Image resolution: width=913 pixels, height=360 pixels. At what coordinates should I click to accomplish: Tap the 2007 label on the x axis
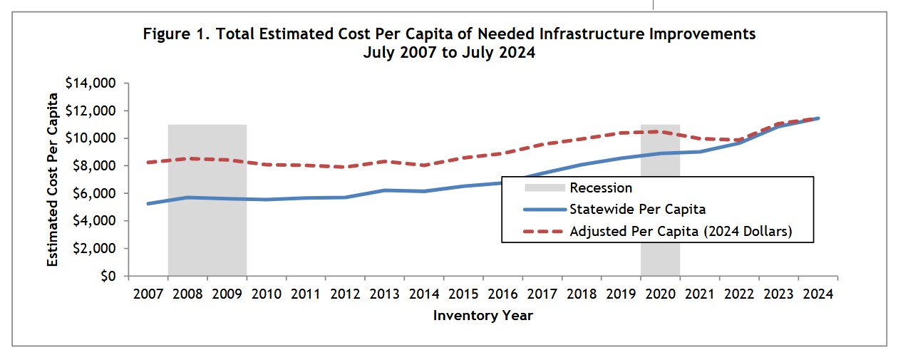[148, 294]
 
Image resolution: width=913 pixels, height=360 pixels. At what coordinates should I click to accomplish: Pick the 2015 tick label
[463, 294]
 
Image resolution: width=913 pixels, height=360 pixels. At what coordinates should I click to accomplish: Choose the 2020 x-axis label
[660, 294]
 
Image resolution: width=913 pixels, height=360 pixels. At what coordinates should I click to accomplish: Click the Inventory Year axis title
[483, 315]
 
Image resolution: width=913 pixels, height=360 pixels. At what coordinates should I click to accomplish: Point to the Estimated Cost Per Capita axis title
[53, 179]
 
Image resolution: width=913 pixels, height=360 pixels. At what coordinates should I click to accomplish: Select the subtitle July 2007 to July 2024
[449, 52]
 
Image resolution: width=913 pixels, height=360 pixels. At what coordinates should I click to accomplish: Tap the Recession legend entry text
[601, 188]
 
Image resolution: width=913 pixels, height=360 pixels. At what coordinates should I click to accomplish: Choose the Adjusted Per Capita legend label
[680, 231]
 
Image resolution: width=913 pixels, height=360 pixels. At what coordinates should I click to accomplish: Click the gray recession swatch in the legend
[545, 188]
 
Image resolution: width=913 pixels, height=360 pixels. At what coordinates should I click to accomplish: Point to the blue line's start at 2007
[148, 204]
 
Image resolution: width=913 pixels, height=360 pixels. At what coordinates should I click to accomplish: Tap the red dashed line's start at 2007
[148, 163]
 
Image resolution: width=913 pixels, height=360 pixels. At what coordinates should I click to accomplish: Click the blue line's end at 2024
[818, 118]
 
